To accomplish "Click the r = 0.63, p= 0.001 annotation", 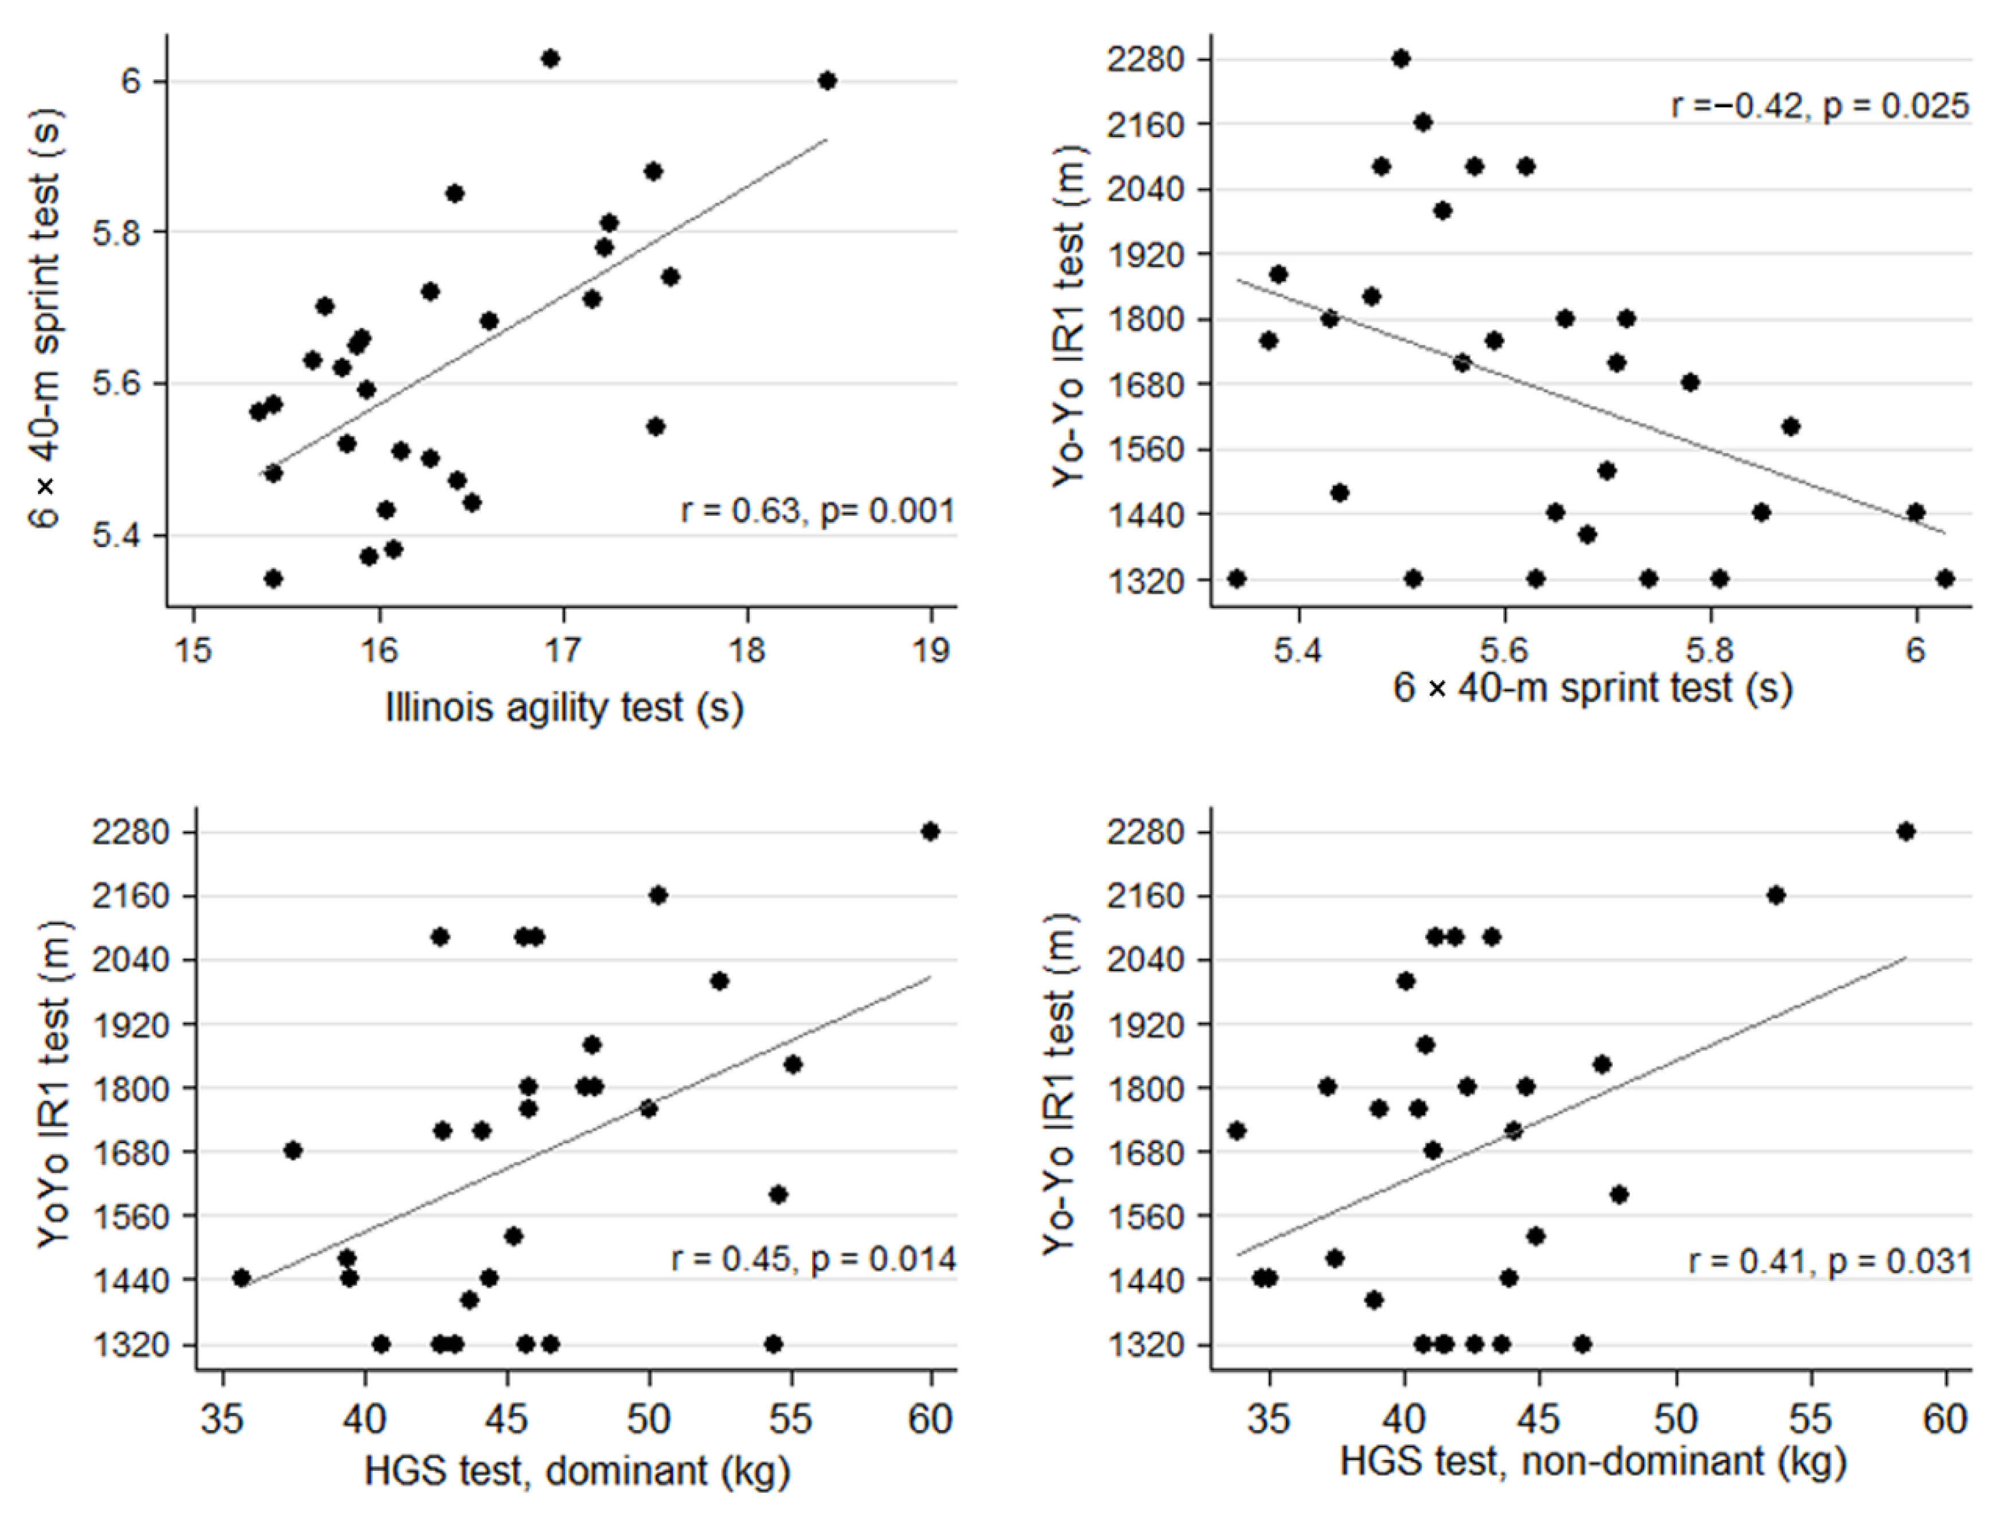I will pos(817,511).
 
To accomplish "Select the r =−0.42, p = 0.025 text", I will pos(1820,107).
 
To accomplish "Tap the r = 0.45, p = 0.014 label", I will pos(813,1259).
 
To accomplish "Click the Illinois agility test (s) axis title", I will pos(564,707).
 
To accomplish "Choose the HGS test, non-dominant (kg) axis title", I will pos(1593,1461).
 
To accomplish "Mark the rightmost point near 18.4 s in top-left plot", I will pos(826,81).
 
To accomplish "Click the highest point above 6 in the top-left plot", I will pos(549,59).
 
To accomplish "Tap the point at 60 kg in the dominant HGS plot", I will pos(929,831).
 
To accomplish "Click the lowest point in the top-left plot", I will pos(272,579).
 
